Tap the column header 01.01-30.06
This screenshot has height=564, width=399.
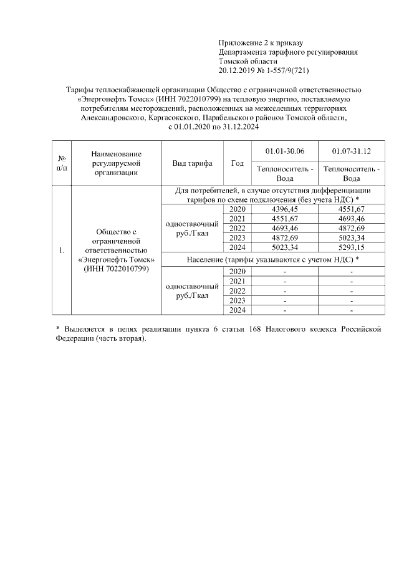point(285,151)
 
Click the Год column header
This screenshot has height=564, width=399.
point(237,163)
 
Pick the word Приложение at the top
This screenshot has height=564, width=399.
point(239,43)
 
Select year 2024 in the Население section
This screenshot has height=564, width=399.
point(237,310)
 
